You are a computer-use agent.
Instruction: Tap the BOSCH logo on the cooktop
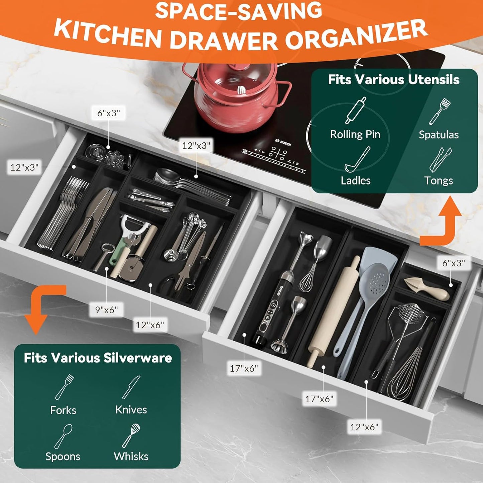[x=283, y=142]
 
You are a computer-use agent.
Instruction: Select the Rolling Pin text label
[x=355, y=134]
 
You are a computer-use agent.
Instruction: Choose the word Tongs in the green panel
[x=438, y=180]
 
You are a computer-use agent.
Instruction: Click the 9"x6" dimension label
[x=106, y=310]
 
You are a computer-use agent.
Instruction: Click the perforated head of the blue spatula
[x=377, y=281]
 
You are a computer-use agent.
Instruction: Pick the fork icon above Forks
[x=65, y=387]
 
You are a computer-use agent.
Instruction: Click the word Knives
[x=131, y=410]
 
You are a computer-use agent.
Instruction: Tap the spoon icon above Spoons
[x=64, y=436]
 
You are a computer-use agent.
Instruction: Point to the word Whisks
[x=131, y=456]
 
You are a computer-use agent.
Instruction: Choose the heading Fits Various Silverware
[x=98, y=358]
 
